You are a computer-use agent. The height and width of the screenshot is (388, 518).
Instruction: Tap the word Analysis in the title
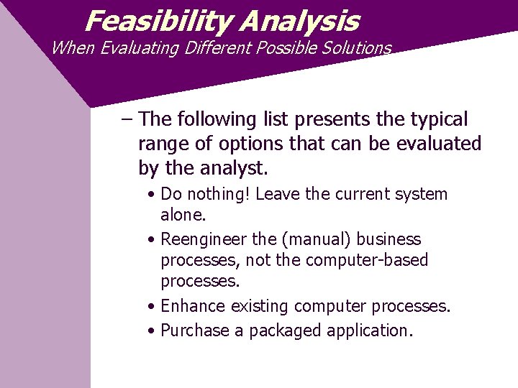point(299,21)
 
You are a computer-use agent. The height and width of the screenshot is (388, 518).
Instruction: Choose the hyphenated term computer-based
point(367,259)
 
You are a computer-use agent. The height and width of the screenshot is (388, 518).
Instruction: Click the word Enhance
point(194,306)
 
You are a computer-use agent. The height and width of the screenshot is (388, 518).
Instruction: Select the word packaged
point(286,331)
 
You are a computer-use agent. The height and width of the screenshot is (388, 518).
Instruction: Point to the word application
point(370,331)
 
